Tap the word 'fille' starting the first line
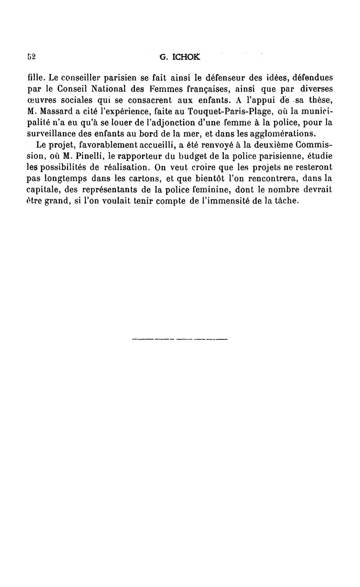[x=36, y=77]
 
